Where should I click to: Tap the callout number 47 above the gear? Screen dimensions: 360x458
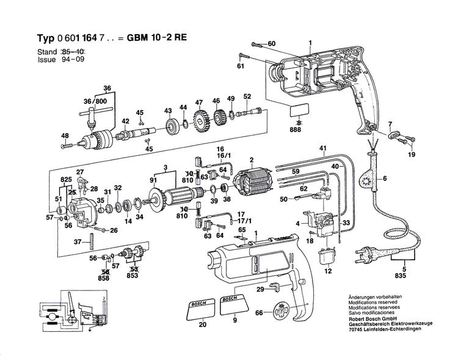(198, 101)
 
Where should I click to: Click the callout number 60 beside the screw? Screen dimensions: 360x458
(272, 43)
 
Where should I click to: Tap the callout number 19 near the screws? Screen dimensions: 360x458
(411, 155)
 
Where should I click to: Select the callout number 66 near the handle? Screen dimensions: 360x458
(259, 313)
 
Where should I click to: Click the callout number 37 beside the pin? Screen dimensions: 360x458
(77, 242)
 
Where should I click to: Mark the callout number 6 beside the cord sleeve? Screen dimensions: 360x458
(384, 179)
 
